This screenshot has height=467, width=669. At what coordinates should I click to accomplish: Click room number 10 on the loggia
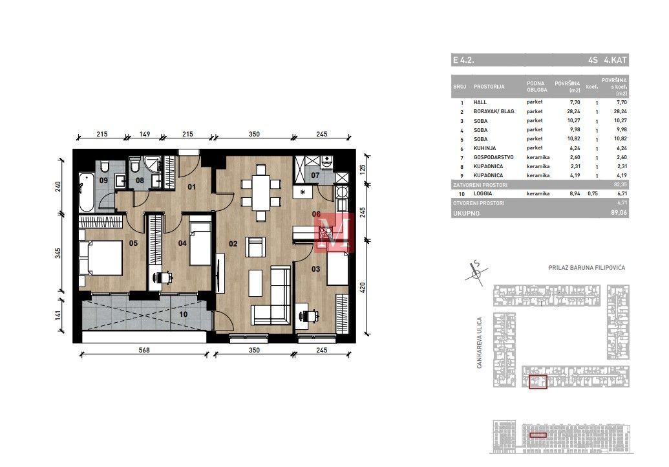click(x=183, y=314)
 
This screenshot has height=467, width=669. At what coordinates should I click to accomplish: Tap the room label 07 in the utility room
click(x=315, y=175)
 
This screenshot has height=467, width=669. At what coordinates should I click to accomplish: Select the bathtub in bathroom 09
click(x=86, y=193)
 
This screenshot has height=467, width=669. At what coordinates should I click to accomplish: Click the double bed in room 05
click(x=101, y=258)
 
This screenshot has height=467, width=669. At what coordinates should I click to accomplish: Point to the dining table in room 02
click(x=260, y=193)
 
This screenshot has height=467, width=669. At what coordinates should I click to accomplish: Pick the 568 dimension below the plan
click(x=144, y=350)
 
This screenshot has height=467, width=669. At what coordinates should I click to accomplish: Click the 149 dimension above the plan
click(x=145, y=134)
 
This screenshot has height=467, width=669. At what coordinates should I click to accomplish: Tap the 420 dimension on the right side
click(x=363, y=287)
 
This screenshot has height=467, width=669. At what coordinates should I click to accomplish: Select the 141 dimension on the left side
click(x=58, y=315)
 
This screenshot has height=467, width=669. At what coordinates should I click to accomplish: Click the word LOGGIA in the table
click(x=483, y=194)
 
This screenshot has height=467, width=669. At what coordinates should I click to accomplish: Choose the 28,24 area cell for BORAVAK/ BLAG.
click(x=573, y=111)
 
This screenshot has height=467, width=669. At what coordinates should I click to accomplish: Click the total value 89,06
click(x=619, y=213)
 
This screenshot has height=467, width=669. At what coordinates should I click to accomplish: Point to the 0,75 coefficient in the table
click(x=592, y=194)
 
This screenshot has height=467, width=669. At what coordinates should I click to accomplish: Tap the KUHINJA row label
click(x=485, y=148)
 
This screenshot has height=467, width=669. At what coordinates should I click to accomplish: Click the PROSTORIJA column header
click(x=489, y=87)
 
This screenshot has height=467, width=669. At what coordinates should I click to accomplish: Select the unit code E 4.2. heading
click(x=463, y=60)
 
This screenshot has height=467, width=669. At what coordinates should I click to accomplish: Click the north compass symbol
click(x=476, y=272)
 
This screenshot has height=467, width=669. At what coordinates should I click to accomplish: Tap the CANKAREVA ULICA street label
click(x=480, y=342)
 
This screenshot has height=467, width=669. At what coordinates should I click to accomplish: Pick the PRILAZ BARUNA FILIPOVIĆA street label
click(x=587, y=268)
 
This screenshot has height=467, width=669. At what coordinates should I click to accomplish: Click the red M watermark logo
click(x=335, y=233)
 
